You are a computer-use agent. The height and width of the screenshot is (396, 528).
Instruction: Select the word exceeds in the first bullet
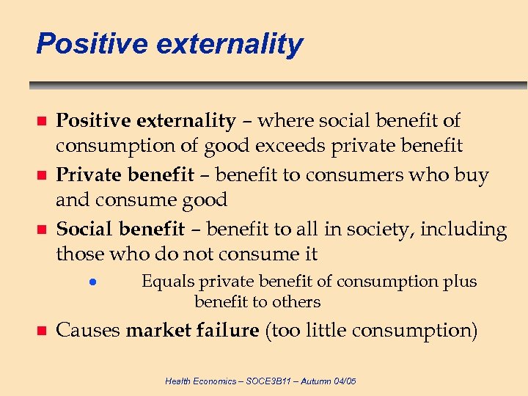point(291,146)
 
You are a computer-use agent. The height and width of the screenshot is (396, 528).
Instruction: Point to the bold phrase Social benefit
point(121,230)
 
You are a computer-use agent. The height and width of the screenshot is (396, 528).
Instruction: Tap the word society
point(380,230)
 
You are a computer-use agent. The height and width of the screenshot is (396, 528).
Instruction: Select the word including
point(465,230)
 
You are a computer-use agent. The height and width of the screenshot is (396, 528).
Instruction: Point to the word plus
point(460,282)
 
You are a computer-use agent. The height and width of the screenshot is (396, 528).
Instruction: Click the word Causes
point(88,331)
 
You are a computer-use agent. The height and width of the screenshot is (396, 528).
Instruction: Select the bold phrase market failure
point(192,331)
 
